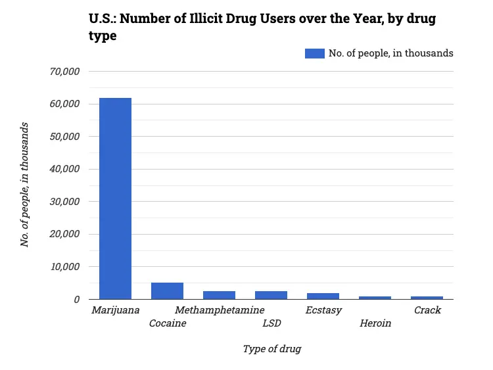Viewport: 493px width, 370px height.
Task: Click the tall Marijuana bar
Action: (115, 198)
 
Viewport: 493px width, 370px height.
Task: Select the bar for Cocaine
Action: (167, 291)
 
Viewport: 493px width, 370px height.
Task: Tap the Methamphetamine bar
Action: (219, 295)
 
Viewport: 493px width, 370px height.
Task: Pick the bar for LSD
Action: (271, 295)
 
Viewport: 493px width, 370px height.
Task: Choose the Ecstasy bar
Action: (323, 296)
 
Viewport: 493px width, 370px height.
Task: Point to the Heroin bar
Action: (375, 298)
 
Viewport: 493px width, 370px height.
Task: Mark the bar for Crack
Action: (427, 298)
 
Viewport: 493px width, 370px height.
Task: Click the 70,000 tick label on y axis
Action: (65, 72)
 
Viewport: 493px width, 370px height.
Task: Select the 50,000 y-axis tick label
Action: (65, 137)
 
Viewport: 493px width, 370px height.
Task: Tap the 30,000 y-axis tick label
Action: (65, 202)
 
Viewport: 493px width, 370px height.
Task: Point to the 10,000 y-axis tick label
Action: (65, 267)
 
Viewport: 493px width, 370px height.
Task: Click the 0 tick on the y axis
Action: (76, 299)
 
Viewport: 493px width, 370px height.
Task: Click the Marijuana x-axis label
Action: (116, 310)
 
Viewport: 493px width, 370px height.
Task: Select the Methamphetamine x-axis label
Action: (220, 310)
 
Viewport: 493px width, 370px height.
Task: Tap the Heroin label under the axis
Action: (375, 323)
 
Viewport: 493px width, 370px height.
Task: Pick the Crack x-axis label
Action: (427, 310)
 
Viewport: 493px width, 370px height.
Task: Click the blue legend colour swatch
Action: (315, 53)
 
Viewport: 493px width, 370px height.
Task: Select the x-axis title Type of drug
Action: (271, 349)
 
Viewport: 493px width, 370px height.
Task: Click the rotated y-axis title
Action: (25, 185)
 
